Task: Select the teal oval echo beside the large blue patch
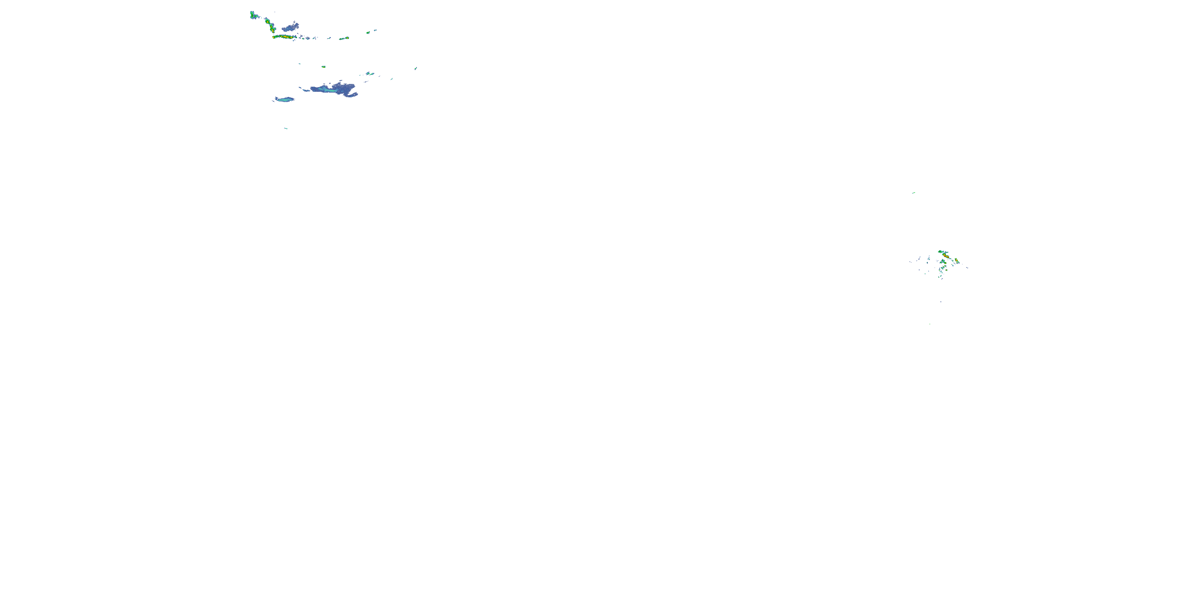pos(285,99)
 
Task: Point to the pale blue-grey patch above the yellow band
pos(291,28)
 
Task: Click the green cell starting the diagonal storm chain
pos(252,15)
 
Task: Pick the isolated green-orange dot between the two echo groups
pos(323,67)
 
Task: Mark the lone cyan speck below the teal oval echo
pos(286,128)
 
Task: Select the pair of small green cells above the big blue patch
pos(370,73)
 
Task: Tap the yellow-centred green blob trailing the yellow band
pos(344,38)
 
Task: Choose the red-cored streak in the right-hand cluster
pos(945,255)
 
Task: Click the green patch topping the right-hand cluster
pos(940,251)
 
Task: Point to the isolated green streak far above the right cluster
pos(914,193)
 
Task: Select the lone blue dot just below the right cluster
pos(940,301)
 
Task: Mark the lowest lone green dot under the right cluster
pos(929,324)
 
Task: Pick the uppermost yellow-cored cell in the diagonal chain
pos(267,20)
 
